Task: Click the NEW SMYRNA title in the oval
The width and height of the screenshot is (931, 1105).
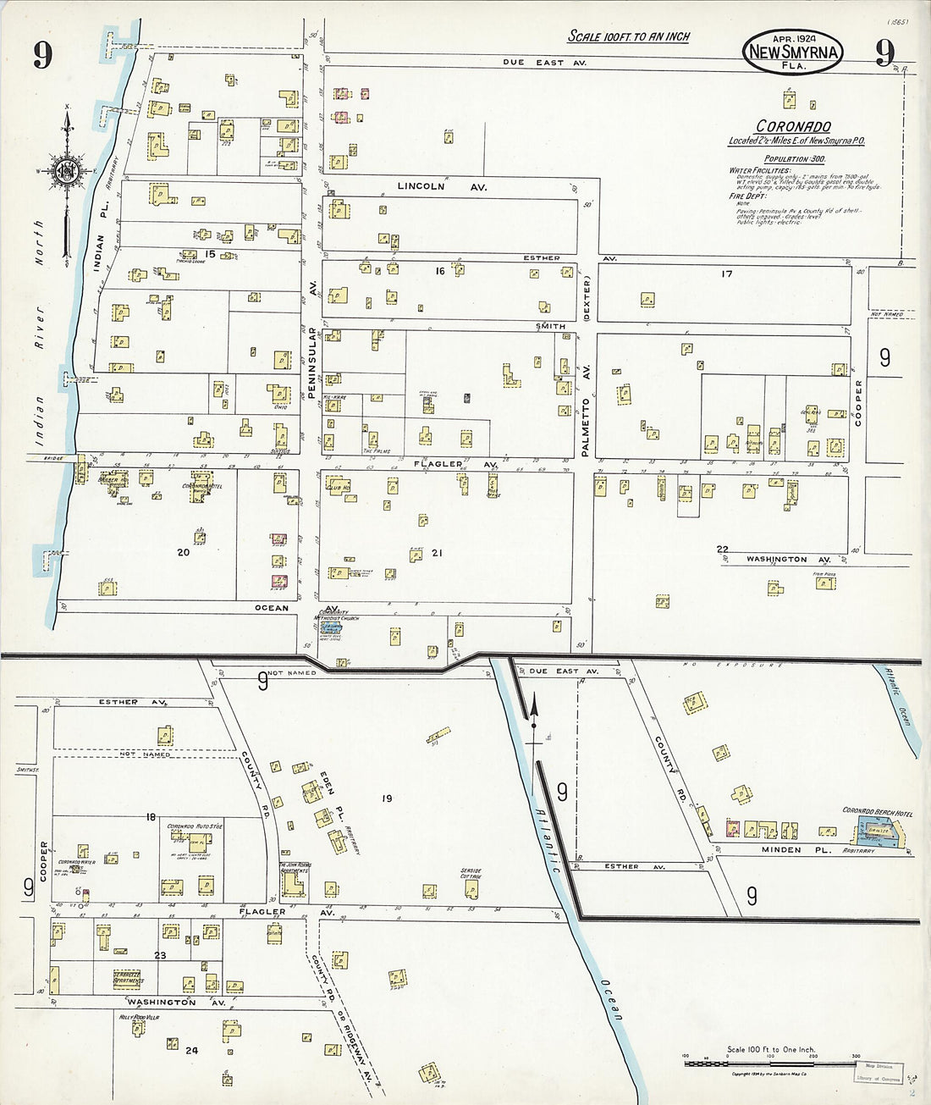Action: coord(793,53)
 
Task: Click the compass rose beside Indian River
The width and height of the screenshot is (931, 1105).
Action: coord(66,169)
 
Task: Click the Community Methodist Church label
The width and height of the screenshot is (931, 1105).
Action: coord(337,618)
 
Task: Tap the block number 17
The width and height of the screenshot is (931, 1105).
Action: coord(726,273)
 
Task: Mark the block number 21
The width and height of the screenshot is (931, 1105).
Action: coord(437,553)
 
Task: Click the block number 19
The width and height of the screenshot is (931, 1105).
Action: coord(387,798)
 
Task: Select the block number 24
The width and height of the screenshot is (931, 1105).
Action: coord(191,1050)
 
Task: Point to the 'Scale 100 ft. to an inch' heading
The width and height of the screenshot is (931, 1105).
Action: coord(628,36)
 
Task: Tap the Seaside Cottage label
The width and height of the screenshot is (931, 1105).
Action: coord(471,874)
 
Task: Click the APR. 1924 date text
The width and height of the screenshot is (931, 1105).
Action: coord(793,39)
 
